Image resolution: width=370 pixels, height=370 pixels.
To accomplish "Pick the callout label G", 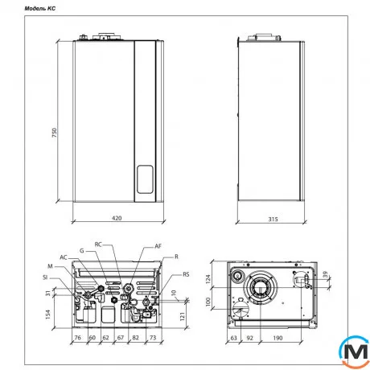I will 81,251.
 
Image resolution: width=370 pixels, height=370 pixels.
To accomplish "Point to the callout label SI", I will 47,277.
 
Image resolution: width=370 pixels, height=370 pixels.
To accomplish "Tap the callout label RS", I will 186,274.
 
